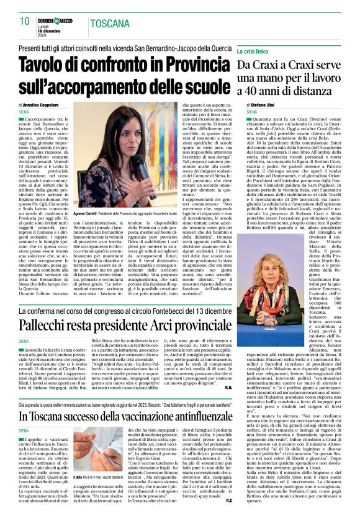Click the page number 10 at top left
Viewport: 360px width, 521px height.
[24, 21]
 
